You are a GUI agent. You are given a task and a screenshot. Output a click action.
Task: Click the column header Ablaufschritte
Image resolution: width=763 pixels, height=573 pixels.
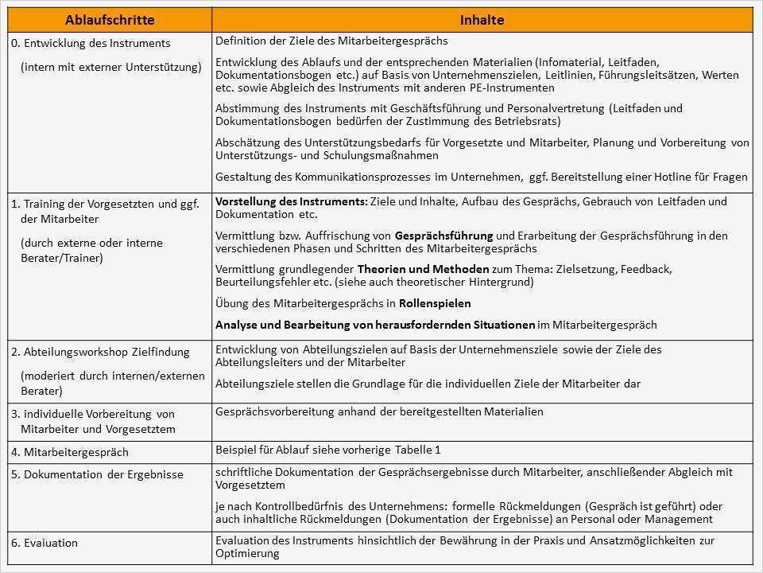click(110, 19)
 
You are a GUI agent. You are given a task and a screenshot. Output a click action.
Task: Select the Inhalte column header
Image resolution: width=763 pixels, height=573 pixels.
click(482, 19)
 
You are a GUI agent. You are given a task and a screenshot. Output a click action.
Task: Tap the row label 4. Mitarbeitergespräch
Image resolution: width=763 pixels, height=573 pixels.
click(70, 452)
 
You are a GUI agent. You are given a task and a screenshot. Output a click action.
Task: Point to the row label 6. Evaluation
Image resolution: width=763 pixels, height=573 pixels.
click(45, 543)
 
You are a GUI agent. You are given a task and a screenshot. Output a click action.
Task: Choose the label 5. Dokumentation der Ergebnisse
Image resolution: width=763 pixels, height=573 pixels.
click(97, 474)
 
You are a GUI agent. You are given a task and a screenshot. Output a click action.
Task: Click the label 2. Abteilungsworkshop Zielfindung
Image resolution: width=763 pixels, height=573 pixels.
click(100, 352)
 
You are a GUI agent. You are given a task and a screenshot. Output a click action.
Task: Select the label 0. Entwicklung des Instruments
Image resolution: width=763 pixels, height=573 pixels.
click(91, 43)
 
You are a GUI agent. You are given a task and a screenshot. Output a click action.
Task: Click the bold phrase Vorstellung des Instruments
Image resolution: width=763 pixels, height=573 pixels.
click(291, 202)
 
